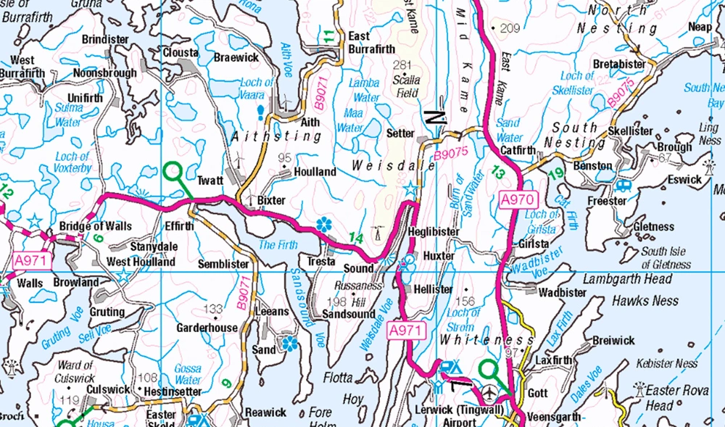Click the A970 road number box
(517, 198)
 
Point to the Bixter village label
(271, 200)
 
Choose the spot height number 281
(402, 65)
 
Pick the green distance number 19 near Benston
(556, 173)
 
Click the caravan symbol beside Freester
(622, 185)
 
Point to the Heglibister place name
(434, 231)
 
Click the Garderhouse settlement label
(207, 328)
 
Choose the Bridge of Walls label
(96, 227)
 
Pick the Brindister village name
(105, 39)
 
